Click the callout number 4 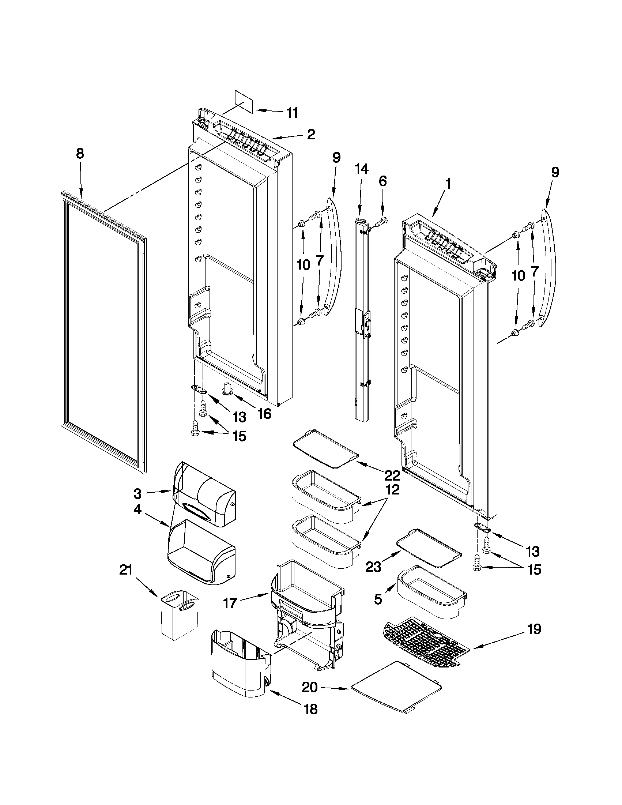(x=137, y=511)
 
